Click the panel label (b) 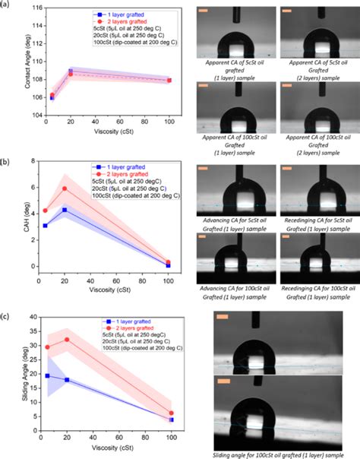[x=5, y=162]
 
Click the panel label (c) [x=5, y=315]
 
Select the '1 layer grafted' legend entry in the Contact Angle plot [x=114, y=14]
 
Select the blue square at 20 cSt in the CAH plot [x=65, y=209]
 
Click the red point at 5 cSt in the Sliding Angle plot [x=47, y=347]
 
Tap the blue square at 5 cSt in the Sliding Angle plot [x=47, y=375]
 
